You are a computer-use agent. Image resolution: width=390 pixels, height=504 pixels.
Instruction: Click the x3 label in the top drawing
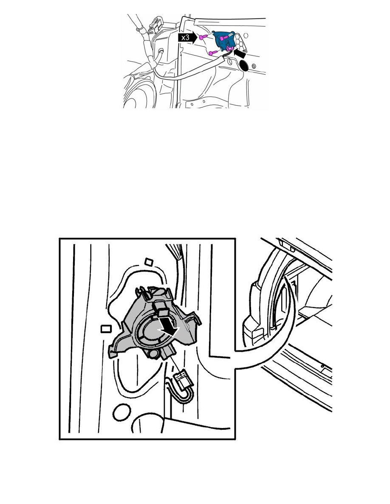click(185, 38)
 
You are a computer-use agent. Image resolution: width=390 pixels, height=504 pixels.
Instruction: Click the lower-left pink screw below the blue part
click(213, 53)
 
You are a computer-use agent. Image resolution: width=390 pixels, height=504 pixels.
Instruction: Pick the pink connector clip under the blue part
click(230, 48)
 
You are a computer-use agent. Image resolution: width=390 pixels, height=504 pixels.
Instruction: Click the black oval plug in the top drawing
click(244, 65)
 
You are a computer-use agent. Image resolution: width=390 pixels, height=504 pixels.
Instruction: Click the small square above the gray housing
click(148, 262)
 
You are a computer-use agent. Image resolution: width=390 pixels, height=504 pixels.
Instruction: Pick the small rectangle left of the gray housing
click(106, 329)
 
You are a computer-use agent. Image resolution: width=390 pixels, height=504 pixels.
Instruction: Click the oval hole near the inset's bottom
click(122, 412)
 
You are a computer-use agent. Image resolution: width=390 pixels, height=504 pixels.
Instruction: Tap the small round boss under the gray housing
click(154, 353)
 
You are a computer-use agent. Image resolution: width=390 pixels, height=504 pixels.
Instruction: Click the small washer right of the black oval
click(254, 67)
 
